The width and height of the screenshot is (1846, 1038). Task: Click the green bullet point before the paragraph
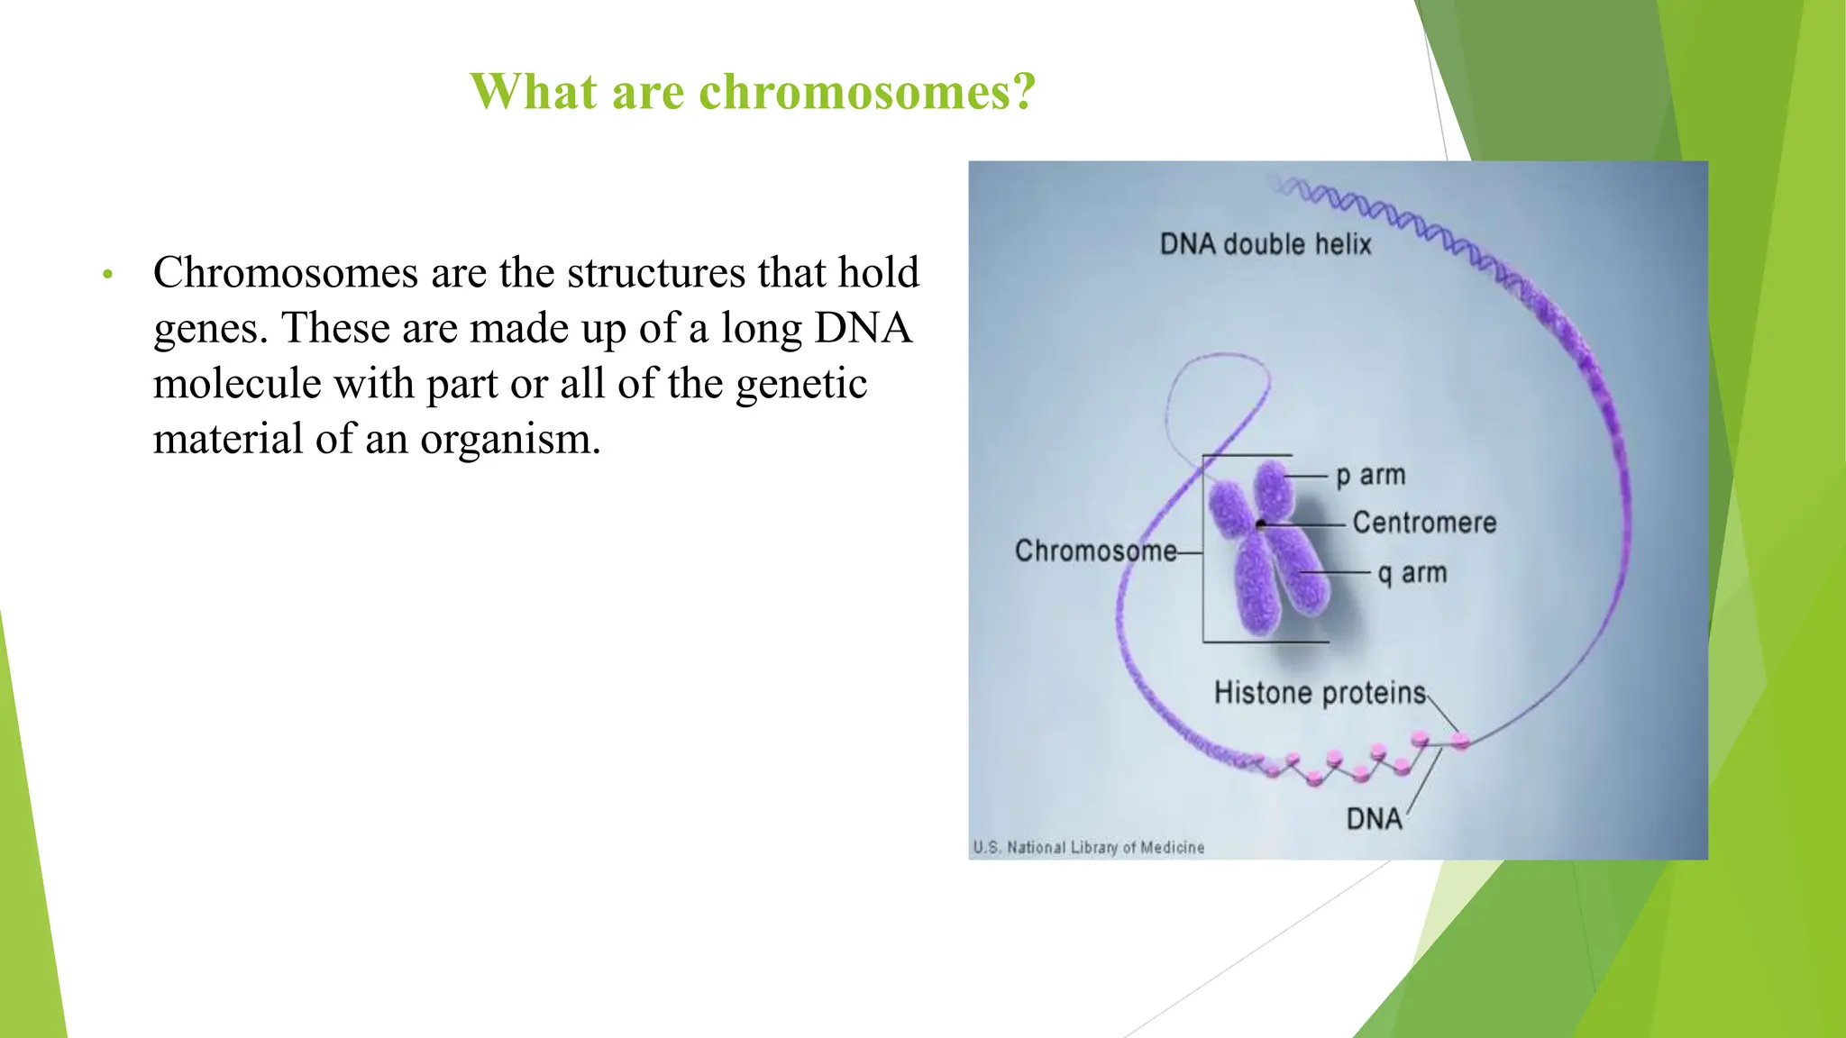point(107,275)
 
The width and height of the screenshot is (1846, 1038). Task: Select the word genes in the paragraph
point(209,329)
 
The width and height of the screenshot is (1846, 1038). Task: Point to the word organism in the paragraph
point(509,440)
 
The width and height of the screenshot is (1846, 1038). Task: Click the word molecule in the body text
point(237,384)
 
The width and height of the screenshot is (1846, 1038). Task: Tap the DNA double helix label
point(1265,244)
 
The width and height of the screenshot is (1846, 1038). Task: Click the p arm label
point(1370,475)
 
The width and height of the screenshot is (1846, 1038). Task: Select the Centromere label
point(1424,523)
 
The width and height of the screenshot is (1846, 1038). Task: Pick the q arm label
point(1412,573)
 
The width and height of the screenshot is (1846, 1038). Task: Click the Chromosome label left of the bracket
point(1095,551)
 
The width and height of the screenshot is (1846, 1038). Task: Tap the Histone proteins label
point(1320,693)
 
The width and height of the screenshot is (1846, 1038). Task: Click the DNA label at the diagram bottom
point(1374,819)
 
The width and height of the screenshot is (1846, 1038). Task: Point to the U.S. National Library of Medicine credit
point(1088,848)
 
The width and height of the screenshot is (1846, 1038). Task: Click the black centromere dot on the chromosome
point(1261,524)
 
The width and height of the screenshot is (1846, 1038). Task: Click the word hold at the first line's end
point(878,273)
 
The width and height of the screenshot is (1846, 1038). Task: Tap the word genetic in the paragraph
point(801,384)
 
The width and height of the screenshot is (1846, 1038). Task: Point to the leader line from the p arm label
point(1307,476)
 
